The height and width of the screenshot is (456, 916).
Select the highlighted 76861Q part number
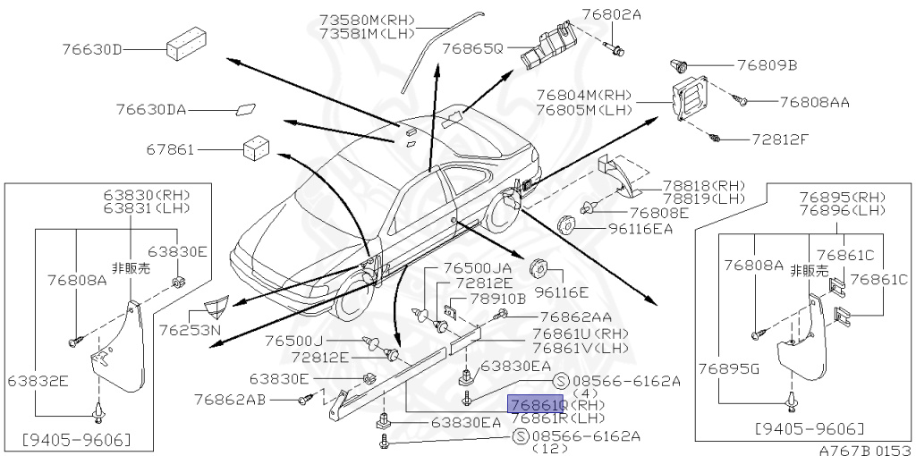[535, 403]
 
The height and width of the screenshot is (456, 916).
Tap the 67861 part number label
[171, 149]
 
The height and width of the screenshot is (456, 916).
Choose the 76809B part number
[767, 65]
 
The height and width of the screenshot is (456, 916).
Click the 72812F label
[779, 140]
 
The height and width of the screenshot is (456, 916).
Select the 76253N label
[191, 330]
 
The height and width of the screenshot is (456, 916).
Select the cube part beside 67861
[257, 146]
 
